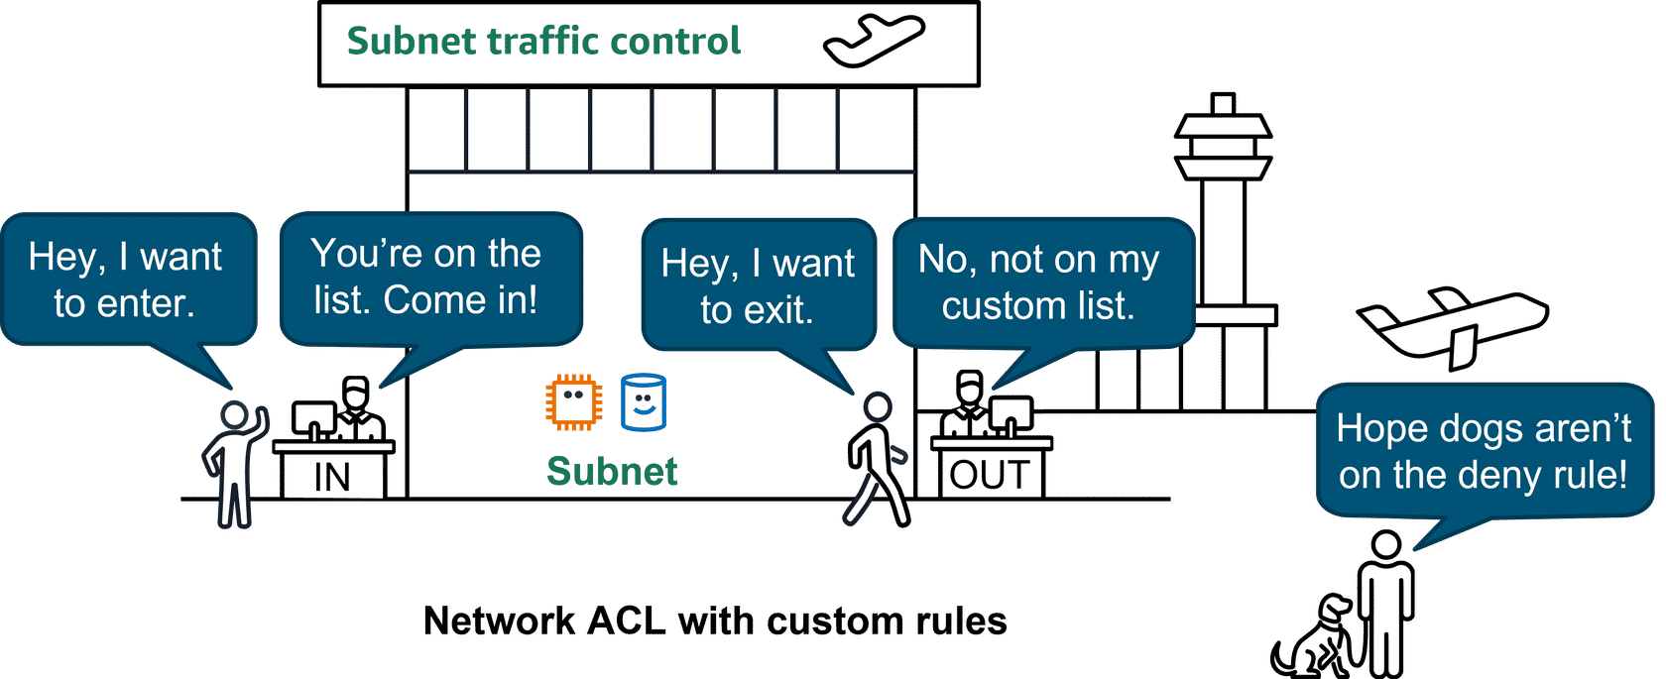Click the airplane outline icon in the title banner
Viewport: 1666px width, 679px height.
(x=874, y=42)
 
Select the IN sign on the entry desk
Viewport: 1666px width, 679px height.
(x=332, y=477)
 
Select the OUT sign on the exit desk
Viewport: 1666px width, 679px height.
(x=990, y=475)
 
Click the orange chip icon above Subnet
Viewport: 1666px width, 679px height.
(x=573, y=401)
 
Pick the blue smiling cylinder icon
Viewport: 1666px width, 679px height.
(x=644, y=402)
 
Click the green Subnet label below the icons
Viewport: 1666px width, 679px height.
(x=612, y=472)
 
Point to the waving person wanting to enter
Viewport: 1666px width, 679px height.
(x=234, y=461)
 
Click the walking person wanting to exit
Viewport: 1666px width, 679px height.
(x=876, y=457)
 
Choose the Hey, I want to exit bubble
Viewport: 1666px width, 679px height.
(x=758, y=285)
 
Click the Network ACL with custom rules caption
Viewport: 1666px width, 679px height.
(x=714, y=622)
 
